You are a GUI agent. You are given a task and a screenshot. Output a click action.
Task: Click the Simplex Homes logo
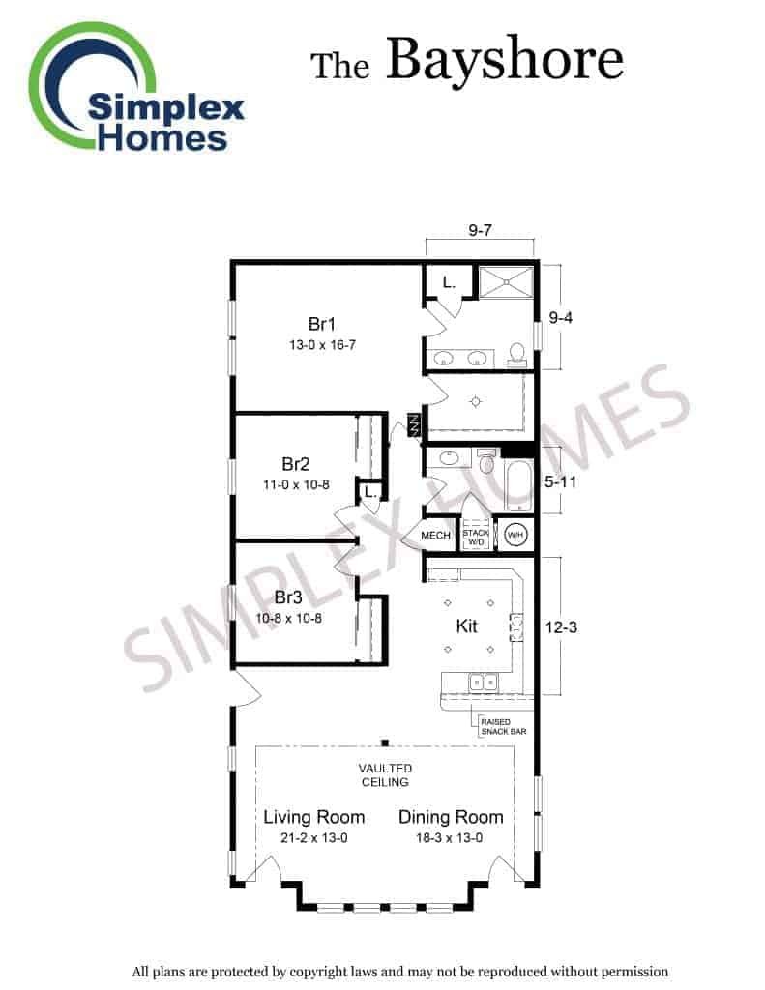[135, 88]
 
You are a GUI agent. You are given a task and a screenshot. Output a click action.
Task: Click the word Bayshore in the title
[505, 60]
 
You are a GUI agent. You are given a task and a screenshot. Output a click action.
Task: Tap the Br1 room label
[321, 324]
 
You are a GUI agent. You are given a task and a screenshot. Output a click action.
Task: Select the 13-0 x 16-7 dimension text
[322, 345]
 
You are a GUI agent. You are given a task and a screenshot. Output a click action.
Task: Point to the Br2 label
[296, 464]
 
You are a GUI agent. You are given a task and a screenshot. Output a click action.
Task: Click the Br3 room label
[288, 597]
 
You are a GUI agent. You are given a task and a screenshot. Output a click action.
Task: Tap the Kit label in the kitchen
[466, 626]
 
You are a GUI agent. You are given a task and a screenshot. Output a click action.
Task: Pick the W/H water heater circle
[515, 536]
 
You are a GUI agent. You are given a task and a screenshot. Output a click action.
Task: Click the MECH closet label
[435, 536]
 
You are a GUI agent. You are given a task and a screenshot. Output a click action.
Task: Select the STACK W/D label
[476, 538]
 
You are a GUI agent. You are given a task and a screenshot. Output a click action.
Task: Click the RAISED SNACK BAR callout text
[504, 727]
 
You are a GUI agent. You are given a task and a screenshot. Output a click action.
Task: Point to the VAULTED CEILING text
[385, 775]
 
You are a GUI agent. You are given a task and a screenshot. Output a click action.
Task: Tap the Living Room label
[314, 817]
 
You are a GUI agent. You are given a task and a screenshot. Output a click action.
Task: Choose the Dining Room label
[451, 817]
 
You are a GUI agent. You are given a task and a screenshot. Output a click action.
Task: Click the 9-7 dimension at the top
[480, 230]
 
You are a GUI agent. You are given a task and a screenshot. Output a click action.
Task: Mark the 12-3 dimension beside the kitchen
[561, 627]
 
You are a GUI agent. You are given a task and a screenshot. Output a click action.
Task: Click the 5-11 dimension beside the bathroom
[560, 481]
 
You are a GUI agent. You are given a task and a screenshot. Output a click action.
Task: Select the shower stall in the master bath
[506, 281]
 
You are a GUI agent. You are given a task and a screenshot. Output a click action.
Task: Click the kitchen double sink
[484, 682]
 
